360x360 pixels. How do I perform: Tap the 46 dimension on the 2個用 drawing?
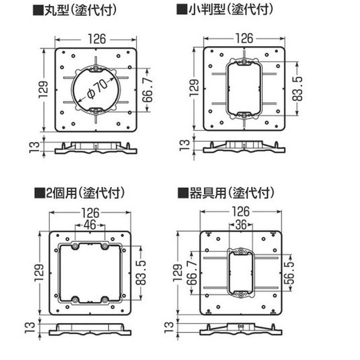[x=90, y=225]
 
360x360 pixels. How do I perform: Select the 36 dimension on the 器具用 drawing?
[x=241, y=225]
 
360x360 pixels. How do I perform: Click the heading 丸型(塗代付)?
[x=75, y=10]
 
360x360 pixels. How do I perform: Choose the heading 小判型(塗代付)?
[x=225, y=10]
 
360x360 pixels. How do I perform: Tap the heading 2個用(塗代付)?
[x=80, y=193]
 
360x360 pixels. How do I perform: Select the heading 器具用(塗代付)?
[x=226, y=193]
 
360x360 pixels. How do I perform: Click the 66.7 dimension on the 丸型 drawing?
[x=148, y=90]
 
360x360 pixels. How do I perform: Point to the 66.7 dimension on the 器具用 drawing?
[x=192, y=273]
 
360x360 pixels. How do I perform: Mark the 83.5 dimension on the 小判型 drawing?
[x=297, y=89]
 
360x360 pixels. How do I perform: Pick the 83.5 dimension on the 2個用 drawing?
[x=141, y=273]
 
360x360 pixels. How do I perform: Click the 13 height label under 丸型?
[x=35, y=147]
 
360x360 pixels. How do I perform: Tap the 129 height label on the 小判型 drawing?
[x=194, y=88]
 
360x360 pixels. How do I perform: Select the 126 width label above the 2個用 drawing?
[x=90, y=213]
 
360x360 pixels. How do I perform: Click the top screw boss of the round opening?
[x=96, y=68]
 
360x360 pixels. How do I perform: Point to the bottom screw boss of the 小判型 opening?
[x=244, y=115]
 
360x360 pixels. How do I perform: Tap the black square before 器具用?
[x=183, y=193]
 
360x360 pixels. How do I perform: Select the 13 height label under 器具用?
[x=170, y=327]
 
